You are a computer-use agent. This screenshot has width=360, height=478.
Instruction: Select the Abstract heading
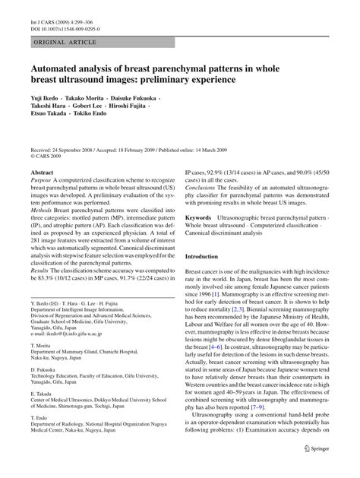41,173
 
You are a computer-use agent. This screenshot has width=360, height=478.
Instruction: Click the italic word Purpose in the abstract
43,183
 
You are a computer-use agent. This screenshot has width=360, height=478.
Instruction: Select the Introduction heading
207,257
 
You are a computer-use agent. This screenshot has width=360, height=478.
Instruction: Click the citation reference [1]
216,293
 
